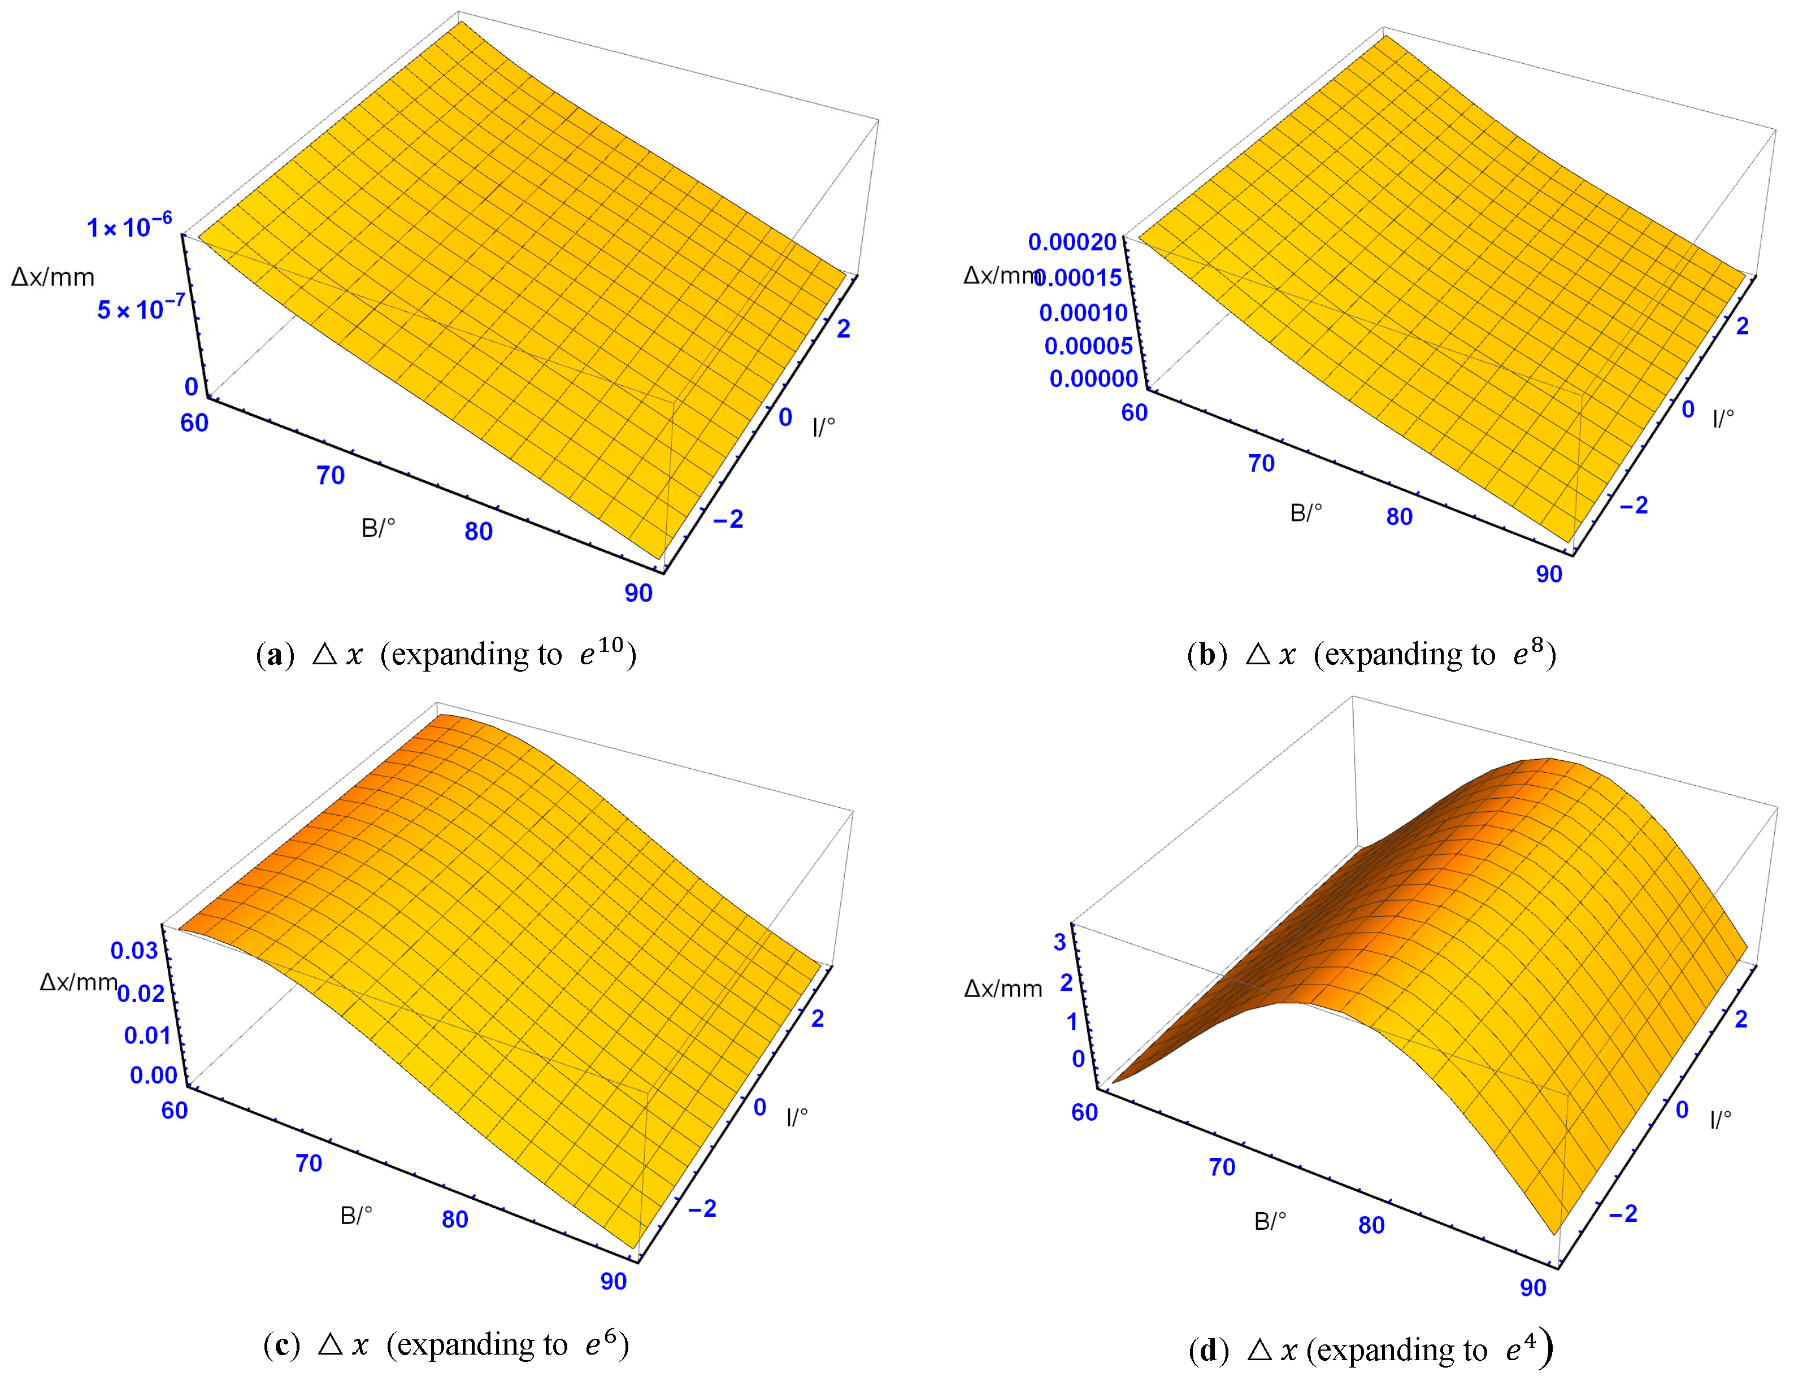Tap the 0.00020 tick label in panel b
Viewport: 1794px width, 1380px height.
click(x=1072, y=242)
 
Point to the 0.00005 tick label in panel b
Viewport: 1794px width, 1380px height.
click(x=1088, y=346)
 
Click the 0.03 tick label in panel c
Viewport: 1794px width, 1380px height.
click(x=134, y=950)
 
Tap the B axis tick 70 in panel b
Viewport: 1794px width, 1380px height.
click(x=1261, y=463)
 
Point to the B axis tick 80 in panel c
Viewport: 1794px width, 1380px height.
click(x=454, y=1219)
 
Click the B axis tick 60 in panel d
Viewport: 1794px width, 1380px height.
click(x=1084, y=1112)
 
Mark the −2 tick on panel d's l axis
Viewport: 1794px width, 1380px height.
click(x=1622, y=1213)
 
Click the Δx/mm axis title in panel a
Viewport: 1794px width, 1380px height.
click(x=53, y=277)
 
